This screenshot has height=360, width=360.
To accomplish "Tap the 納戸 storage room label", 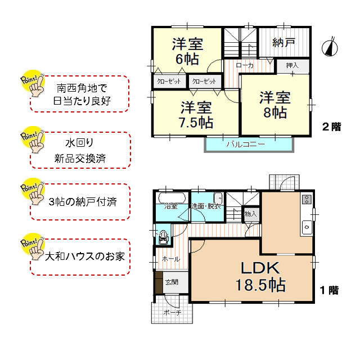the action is (x=283, y=43).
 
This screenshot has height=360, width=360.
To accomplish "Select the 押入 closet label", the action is (x=292, y=66).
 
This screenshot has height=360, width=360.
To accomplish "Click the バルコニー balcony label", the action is (x=246, y=144).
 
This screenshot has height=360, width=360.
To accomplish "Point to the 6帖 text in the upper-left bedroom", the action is (x=187, y=59).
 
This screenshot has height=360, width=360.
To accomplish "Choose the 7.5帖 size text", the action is (x=196, y=123).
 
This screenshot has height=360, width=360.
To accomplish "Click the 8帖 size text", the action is (x=275, y=112).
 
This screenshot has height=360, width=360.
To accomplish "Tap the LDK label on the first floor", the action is (x=260, y=268).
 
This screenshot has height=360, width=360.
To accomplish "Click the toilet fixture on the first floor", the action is (x=163, y=237).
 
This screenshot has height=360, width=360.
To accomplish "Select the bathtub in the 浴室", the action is (x=172, y=198).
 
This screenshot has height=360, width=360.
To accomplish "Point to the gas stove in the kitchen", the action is (x=307, y=199).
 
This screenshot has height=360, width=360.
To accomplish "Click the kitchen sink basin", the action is (x=307, y=227).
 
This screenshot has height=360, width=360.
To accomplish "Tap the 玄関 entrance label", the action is (x=172, y=282).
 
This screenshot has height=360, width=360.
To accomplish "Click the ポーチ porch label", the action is (x=172, y=313).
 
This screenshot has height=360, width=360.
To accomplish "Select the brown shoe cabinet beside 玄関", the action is (x=159, y=282).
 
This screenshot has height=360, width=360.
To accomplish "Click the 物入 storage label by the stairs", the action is (x=251, y=214).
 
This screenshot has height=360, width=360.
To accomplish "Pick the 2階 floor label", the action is (x=331, y=127).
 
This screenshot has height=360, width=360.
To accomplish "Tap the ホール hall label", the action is (x=171, y=259).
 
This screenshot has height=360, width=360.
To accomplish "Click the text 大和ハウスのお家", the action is (x=85, y=256).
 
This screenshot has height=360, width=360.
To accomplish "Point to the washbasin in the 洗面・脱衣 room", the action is (x=218, y=197).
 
